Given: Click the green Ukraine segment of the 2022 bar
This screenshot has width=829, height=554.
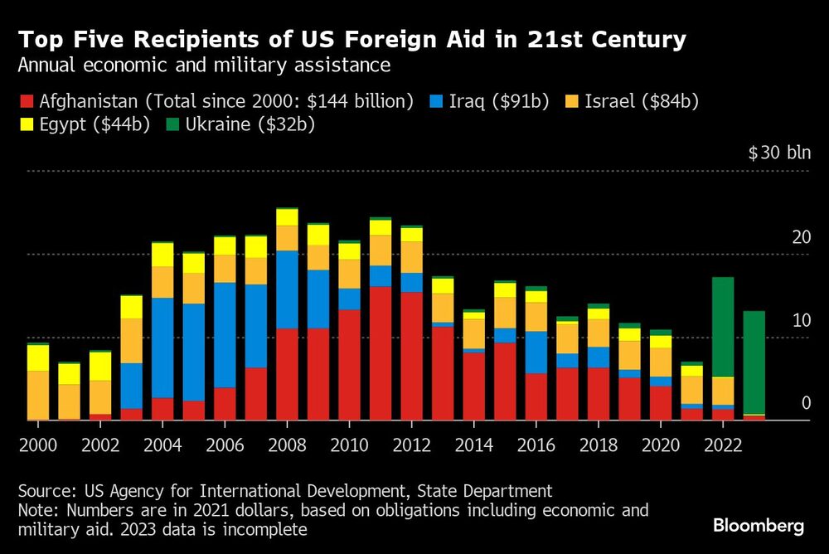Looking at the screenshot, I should click(723, 327).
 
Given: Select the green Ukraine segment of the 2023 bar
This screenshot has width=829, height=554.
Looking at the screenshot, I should click(754, 362).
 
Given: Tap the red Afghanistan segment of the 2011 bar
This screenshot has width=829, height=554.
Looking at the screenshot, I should click(381, 353).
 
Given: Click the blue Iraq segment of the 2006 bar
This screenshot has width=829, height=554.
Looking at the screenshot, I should click(225, 334).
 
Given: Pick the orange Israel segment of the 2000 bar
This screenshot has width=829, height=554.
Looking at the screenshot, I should click(37, 395).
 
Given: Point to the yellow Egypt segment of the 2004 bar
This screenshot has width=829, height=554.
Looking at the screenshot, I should click(162, 254).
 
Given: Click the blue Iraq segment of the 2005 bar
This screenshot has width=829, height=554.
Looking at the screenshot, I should click(193, 352).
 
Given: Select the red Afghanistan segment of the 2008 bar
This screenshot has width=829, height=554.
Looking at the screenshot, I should click(287, 374).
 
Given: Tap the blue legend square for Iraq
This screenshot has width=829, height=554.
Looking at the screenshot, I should click(435, 102).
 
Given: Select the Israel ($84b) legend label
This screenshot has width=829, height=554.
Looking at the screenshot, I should click(642, 102).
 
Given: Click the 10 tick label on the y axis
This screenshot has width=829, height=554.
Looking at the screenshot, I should click(801, 321).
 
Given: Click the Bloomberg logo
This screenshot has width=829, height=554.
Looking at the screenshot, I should click(759, 526).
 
